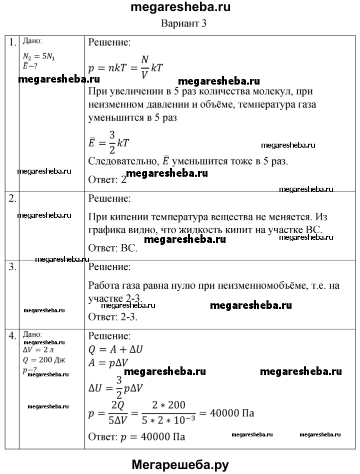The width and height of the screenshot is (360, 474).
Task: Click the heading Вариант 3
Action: coord(184,23)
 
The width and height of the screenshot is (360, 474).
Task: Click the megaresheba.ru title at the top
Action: coord(180,8)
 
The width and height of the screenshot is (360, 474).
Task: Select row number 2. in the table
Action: coord(12,199)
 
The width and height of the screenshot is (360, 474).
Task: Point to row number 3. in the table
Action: coord(12,267)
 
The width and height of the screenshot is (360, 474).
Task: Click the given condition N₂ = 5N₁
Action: coord(39,57)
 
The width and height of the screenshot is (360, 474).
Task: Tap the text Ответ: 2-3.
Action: coord(112,316)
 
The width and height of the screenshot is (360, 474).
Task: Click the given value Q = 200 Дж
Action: coord(44,360)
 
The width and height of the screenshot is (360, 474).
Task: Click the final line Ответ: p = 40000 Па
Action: coord(136,436)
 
